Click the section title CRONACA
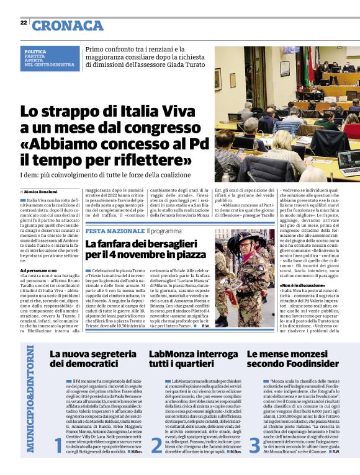point(68,25)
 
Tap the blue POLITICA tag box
point(48,58)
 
